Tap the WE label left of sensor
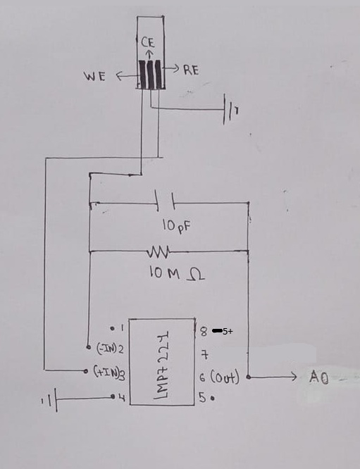click(x=94, y=77)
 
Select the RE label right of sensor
click(x=191, y=70)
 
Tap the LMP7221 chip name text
click(x=161, y=364)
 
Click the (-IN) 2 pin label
click(x=109, y=349)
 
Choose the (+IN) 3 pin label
click(x=110, y=371)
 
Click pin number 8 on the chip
click(x=203, y=330)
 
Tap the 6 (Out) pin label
click(x=219, y=378)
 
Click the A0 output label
click(x=318, y=377)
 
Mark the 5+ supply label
click(x=228, y=330)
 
